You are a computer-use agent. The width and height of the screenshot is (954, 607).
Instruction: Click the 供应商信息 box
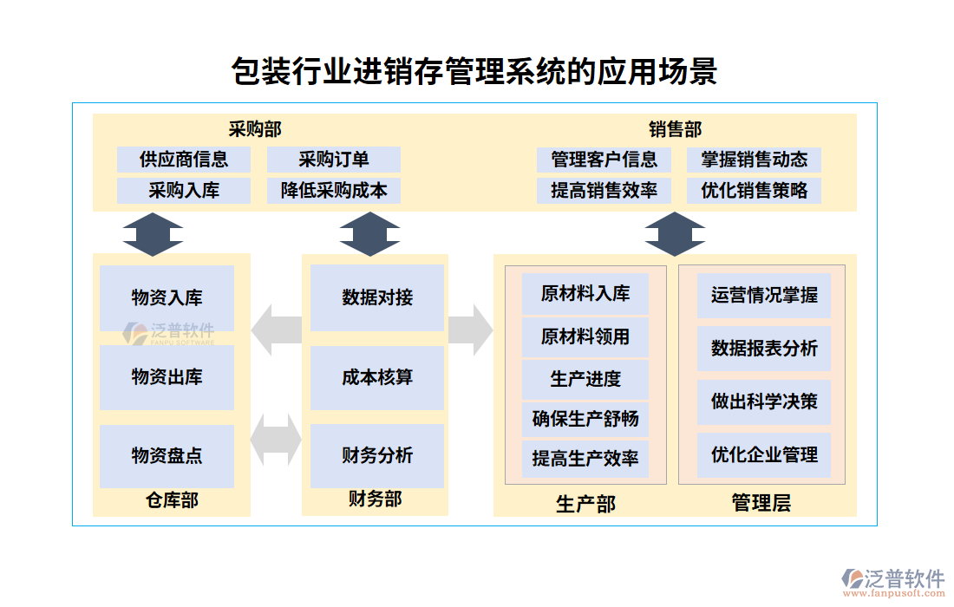[184, 160]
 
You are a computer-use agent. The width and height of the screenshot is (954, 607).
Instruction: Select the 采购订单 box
[334, 160]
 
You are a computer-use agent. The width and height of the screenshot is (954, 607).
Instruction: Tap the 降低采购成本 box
[334, 191]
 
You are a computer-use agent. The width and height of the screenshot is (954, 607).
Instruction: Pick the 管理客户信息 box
[604, 160]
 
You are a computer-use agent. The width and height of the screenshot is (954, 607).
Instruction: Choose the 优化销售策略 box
[755, 191]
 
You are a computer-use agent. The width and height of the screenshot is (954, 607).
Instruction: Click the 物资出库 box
[167, 377]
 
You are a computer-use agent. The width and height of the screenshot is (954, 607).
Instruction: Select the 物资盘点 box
[167, 456]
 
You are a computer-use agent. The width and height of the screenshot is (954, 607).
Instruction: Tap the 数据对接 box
[377, 297]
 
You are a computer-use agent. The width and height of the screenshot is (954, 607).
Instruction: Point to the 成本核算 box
[377, 377]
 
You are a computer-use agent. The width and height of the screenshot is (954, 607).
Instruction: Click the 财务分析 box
[377, 456]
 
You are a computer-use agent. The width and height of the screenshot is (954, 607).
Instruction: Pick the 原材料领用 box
[585, 336]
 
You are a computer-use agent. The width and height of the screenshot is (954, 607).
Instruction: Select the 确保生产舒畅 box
[585, 419]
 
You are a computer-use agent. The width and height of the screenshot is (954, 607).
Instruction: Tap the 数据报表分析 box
[764, 349]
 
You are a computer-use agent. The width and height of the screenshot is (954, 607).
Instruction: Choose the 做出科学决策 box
[764, 401]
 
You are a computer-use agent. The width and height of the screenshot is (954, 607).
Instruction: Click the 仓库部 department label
[172, 500]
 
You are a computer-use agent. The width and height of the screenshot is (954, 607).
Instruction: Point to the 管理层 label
[761, 503]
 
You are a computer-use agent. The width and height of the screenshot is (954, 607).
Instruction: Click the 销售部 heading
[675, 130]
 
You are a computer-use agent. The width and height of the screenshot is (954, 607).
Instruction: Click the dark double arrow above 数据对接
[369, 233]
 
